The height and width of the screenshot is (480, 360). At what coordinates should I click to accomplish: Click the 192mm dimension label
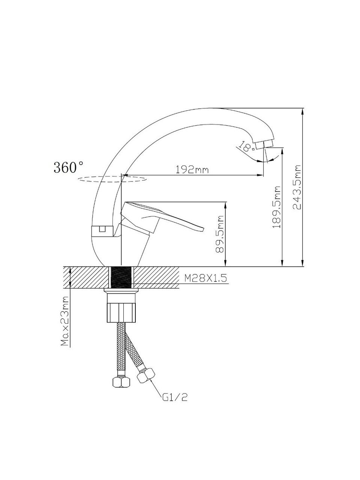click(192, 169)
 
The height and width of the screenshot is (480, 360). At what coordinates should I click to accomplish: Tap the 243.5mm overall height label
click(297, 187)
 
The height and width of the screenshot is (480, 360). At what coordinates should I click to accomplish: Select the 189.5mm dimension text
click(276, 207)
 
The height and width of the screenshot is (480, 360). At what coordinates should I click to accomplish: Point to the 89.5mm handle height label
click(219, 234)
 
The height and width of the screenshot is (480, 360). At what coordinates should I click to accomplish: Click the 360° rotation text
click(68, 167)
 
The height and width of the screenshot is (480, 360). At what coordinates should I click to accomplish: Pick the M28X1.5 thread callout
click(205, 278)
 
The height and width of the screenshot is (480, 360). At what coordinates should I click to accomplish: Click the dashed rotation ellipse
click(112, 179)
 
